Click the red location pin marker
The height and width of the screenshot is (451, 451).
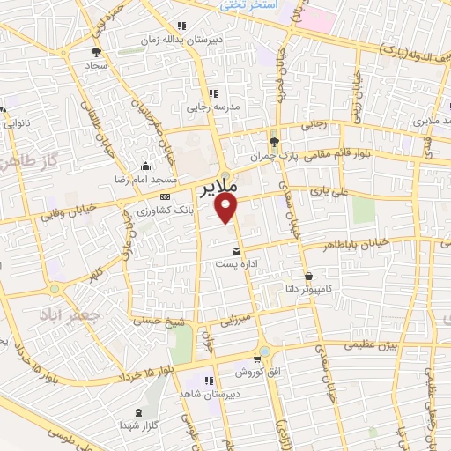point(227,208)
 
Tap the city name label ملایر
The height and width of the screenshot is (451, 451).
point(219,189)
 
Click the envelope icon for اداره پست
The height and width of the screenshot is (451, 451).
point(234,252)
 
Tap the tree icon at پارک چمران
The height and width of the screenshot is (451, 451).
point(275,141)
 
